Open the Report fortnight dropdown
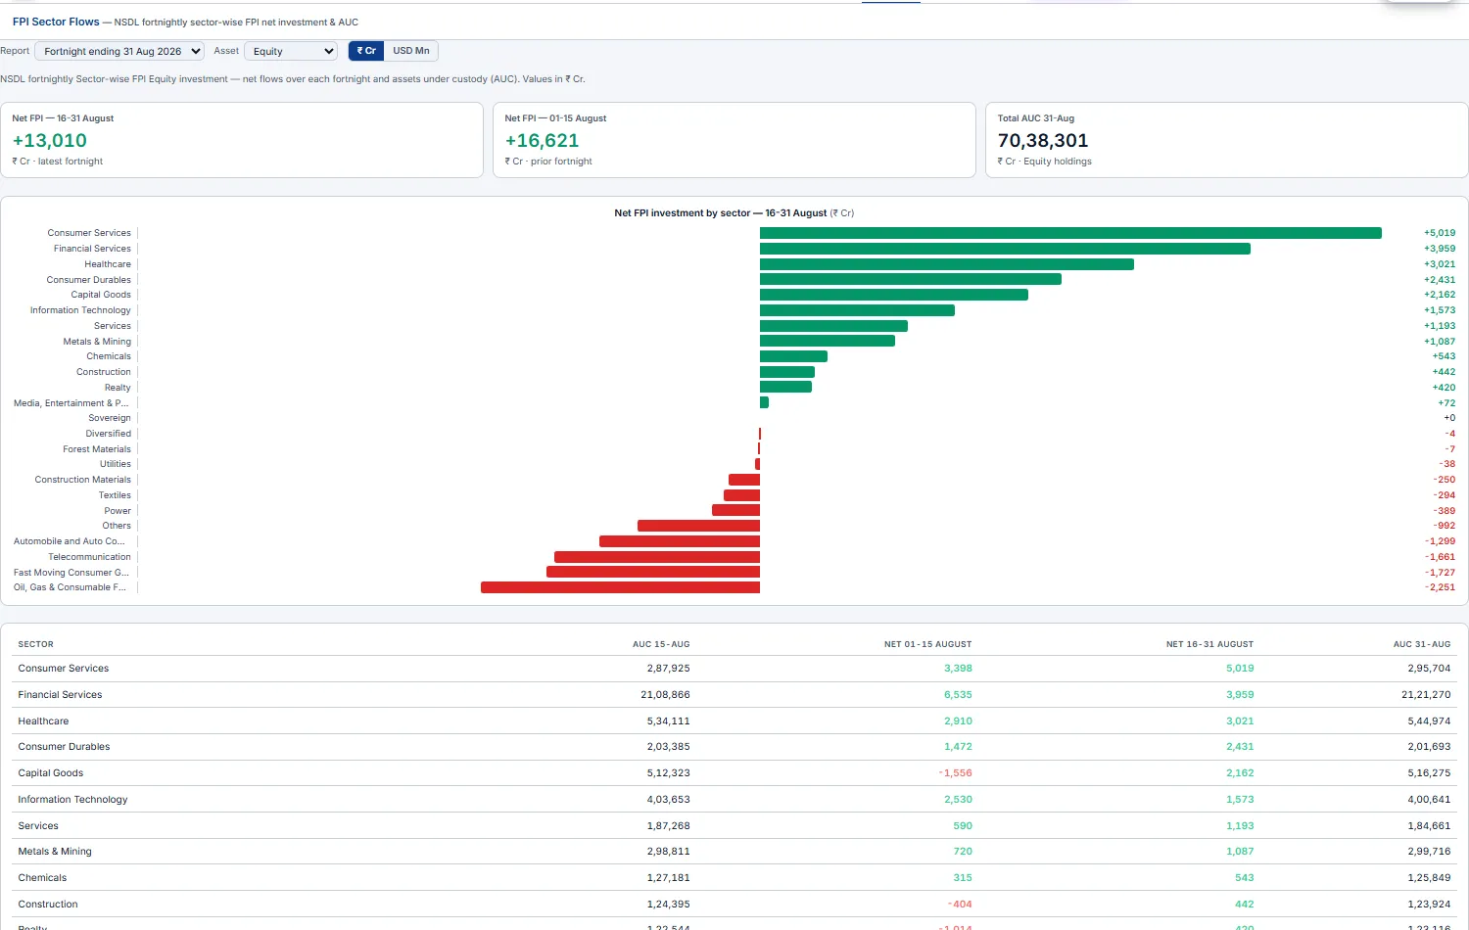119,51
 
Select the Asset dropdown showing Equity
291,51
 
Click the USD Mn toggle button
410,51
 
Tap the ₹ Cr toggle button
366,51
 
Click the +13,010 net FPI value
50,140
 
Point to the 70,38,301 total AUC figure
1043,140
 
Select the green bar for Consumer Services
1070,233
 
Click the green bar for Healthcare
947,264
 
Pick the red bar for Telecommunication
657,557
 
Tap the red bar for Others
699,526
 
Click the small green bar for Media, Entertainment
764,402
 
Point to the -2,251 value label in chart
1440,587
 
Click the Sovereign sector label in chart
110,418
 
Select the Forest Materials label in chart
97,449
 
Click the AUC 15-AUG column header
661,644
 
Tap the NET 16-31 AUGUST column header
1209,644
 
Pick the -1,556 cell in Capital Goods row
956,772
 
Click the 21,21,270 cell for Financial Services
1426,695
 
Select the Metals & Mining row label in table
55,852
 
